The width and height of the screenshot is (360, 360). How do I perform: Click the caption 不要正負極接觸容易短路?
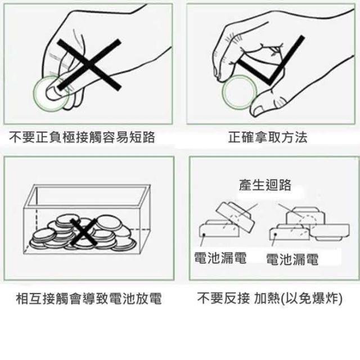click(82, 137)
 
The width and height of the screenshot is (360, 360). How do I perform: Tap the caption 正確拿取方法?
click(268, 137)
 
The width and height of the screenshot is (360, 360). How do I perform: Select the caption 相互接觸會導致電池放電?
click(89, 299)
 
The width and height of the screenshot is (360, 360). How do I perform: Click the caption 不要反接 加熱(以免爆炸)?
click(270, 299)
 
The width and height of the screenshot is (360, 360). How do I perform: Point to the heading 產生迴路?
click(265, 185)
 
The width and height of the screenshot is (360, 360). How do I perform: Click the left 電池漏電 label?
click(220, 258)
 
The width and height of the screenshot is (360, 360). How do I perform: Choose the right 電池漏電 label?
click(292, 259)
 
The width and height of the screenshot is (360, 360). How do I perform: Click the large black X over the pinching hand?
click(89, 65)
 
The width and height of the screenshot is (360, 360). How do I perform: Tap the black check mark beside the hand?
click(271, 60)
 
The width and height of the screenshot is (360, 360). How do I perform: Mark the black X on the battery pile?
click(83, 232)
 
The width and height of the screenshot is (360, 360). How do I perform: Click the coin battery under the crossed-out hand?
click(51, 94)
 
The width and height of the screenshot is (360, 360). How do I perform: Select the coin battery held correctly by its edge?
click(239, 92)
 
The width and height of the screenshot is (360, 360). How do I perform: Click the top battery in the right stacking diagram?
click(305, 216)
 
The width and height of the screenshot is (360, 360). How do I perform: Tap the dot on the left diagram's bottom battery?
click(204, 235)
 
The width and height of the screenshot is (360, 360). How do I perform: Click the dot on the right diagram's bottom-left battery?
click(275, 235)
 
